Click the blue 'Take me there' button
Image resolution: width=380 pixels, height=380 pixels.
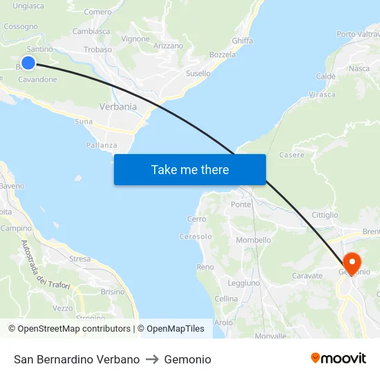click(189, 170)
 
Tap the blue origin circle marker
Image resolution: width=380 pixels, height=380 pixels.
click(28, 63)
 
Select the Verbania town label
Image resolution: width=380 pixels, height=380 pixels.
click(118, 107)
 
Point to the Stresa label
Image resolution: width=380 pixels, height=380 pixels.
click(79, 259)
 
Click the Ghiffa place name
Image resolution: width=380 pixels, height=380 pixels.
click(243, 41)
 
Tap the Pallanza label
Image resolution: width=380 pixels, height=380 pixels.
click(102, 145)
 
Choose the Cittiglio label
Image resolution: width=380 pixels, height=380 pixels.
click(325, 215)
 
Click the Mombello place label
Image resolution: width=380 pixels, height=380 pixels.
click(254, 240)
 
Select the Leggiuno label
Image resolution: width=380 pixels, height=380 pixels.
click(243, 283)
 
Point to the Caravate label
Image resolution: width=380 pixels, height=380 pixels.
click(307, 275)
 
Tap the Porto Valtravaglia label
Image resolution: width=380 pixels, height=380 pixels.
click(358, 34)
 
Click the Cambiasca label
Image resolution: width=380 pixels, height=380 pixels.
click(91, 31)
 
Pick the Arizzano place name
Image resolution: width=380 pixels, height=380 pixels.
click(169, 46)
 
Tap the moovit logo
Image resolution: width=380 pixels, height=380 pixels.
click(339, 359)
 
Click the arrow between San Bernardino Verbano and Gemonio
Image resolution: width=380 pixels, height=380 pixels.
click(152, 359)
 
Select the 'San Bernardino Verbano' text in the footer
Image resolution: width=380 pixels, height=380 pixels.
click(77, 359)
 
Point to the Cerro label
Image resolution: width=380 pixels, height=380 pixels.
click(196, 219)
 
